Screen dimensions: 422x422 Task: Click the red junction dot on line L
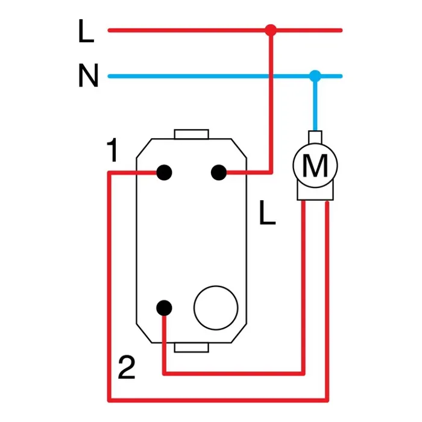[x=271, y=30]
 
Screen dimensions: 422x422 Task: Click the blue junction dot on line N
[x=315, y=76]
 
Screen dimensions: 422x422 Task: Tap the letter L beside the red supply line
[x=86, y=31]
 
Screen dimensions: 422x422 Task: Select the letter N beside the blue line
[x=88, y=75]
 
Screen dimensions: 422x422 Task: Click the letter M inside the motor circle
[x=315, y=165]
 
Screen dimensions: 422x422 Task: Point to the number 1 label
[x=113, y=150]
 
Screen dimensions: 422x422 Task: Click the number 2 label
[x=127, y=367]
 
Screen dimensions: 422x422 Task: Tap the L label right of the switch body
[x=267, y=213]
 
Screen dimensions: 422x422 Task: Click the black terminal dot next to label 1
[x=164, y=172]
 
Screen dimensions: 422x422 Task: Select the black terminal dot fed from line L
[x=219, y=172]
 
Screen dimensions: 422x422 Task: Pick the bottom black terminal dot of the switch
[x=164, y=308]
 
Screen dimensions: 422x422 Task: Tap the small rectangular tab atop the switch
[x=191, y=134]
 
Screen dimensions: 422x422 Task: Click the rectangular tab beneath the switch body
[x=191, y=347]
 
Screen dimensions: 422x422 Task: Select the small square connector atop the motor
[x=315, y=137]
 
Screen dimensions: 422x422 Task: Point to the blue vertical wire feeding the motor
[x=315, y=104]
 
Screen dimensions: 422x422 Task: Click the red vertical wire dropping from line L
[x=271, y=102]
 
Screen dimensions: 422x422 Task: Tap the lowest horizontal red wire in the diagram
[x=218, y=400]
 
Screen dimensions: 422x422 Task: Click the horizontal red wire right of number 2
[x=234, y=373]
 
